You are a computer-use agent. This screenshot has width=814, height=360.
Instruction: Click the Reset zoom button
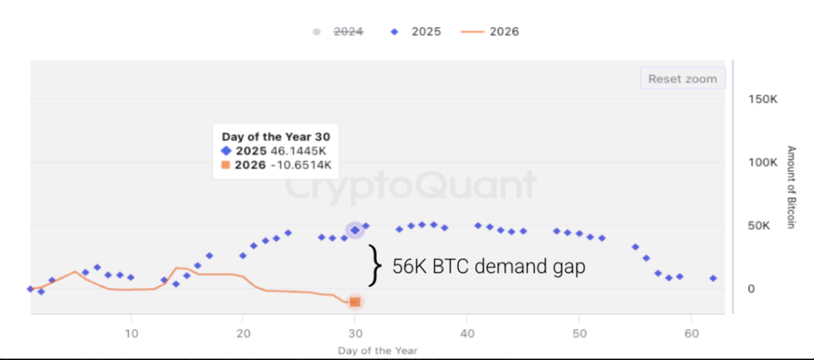[682, 78]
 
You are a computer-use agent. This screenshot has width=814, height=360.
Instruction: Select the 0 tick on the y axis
[751, 289]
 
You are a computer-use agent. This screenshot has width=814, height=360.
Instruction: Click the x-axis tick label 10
[132, 334]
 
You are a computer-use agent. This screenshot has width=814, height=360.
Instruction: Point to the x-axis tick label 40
[466, 334]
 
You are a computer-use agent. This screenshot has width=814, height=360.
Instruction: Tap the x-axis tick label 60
[690, 334]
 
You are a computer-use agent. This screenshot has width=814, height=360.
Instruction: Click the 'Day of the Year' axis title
[377, 350]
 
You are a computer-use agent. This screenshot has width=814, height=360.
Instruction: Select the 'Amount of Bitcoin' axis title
[792, 187]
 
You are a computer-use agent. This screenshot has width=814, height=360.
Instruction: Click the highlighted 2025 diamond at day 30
[355, 230]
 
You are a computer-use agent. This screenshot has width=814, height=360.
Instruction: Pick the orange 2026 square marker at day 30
[355, 301]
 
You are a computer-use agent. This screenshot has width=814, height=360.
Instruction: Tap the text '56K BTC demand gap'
[489, 267]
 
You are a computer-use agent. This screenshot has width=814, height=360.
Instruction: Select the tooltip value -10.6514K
[301, 164]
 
